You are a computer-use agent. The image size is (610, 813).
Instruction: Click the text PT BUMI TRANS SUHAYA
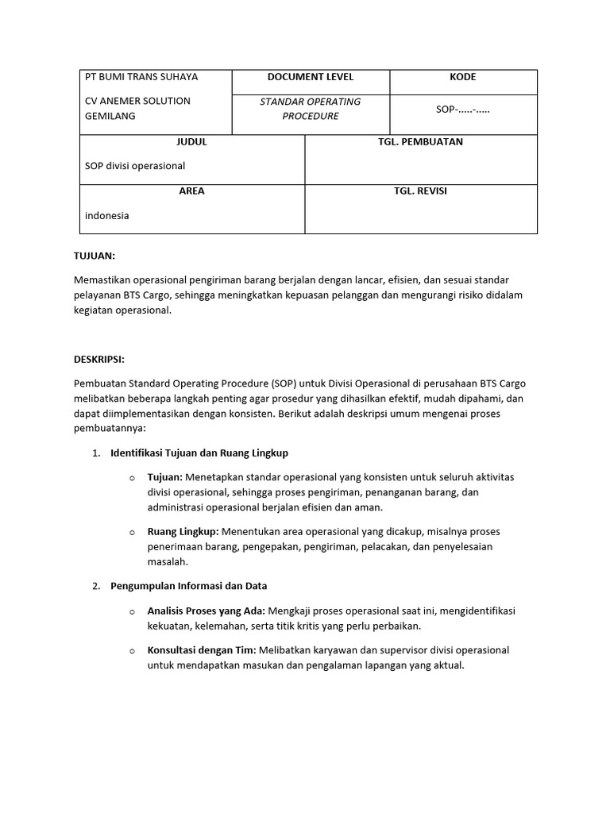(x=141, y=77)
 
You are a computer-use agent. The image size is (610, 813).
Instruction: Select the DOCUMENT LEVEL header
(x=311, y=77)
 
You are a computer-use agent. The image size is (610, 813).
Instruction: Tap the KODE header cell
(x=463, y=77)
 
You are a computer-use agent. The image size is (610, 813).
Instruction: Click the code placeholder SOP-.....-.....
(x=463, y=109)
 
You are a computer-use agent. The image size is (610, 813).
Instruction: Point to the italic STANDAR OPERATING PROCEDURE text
(x=311, y=109)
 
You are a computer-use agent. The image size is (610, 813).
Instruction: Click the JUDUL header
(x=191, y=142)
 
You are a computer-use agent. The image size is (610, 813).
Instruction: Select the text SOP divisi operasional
(x=135, y=166)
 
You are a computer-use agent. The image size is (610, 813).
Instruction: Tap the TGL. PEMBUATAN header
(x=421, y=142)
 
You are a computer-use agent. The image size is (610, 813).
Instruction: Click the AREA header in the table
(x=191, y=191)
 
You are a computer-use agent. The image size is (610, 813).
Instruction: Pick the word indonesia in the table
(x=107, y=215)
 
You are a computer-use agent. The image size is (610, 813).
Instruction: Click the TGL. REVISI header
(x=421, y=191)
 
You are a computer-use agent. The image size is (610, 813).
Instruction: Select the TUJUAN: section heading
(x=94, y=256)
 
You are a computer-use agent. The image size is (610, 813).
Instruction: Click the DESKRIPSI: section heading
(x=99, y=360)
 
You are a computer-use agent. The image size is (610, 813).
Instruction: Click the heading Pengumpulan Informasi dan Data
(x=189, y=586)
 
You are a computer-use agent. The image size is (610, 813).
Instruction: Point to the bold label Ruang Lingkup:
(x=183, y=531)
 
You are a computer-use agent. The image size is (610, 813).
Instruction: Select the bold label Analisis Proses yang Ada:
(x=207, y=611)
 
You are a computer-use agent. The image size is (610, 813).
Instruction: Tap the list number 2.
(x=95, y=586)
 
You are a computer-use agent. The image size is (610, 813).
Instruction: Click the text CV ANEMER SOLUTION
(x=137, y=101)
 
